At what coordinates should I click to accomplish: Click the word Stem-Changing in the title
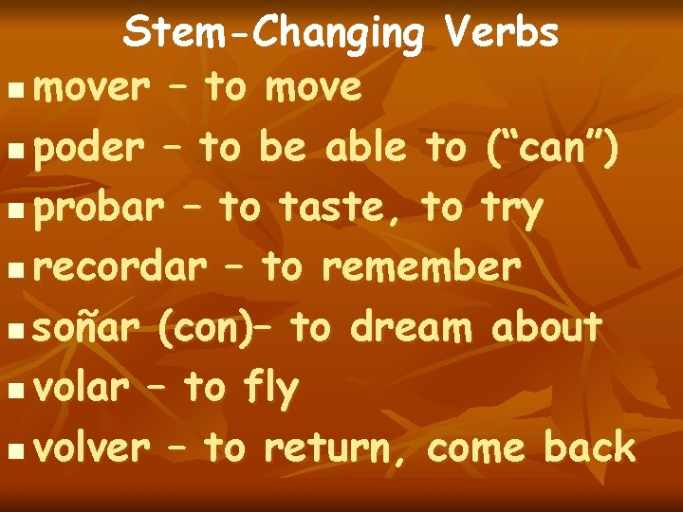tap(275, 35)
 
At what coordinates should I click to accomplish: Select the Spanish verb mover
tap(91, 88)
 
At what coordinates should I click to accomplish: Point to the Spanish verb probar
tap(96, 210)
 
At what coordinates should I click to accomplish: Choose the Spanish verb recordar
tap(118, 269)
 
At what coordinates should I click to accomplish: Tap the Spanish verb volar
tap(80, 389)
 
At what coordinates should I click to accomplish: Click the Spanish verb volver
tap(91, 448)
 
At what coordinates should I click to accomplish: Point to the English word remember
tap(421, 269)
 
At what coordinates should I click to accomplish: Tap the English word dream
tap(411, 329)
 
